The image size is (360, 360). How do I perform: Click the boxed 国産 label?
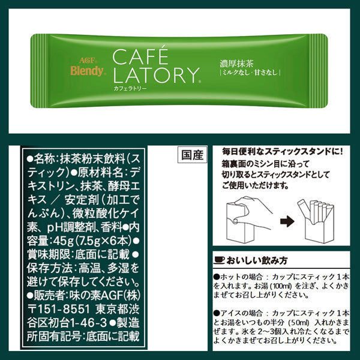coord(192,154)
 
